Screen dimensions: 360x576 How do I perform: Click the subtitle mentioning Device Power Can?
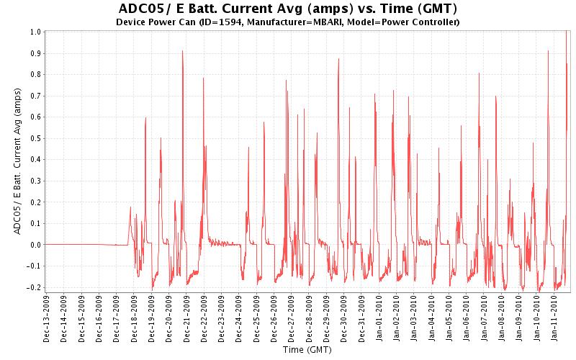[x=287, y=22]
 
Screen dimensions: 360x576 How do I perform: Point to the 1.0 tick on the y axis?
[x=35, y=32]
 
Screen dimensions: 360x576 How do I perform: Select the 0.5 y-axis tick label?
[x=35, y=138]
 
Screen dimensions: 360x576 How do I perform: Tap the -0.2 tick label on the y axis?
[x=34, y=287]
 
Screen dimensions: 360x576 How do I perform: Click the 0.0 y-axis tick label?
[x=35, y=244]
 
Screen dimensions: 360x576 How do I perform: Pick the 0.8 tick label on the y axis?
[x=35, y=75]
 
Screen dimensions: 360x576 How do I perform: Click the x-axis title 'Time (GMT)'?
[x=307, y=351]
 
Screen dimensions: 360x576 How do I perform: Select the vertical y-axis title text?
[x=17, y=160]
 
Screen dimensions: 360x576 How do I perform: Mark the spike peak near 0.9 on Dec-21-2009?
[x=183, y=51]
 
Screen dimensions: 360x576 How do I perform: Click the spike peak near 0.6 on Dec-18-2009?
[x=145, y=118]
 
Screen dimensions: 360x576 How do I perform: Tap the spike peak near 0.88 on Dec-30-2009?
[x=338, y=59]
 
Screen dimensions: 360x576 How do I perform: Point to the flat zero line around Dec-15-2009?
[x=81, y=244]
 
